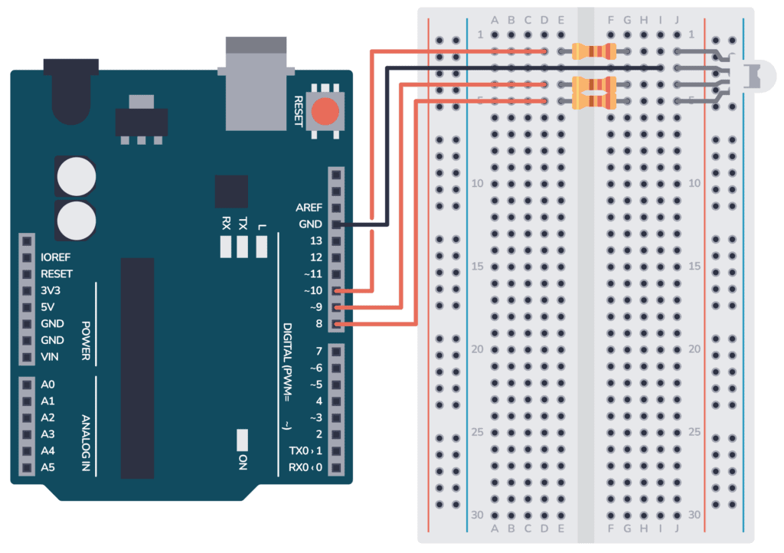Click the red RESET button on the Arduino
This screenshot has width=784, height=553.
pyautogui.click(x=325, y=112)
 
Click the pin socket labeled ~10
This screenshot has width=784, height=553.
pyautogui.click(x=335, y=291)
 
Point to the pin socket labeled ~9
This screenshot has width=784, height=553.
pyautogui.click(x=335, y=307)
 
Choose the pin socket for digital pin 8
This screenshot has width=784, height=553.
pyautogui.click(x=335, y=324)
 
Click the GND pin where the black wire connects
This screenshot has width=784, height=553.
pyautogui.click(x=335, y=224)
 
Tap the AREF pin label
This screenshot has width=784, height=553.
pyautogui.click(x=309, y=208)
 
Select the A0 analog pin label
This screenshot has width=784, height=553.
pyautogui.click(x=47, y=384)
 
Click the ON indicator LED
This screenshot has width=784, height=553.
pyautogui.click(x=243, y=440)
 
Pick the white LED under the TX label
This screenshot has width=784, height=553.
pyautogui.click(x=243, y=247)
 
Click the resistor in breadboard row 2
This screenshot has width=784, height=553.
pyautogui.click(x=594, y=51)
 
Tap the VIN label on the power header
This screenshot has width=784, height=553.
pyautogui.click(x=51, y=357)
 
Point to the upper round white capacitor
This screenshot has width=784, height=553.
pyautogui.click(x=76, y=176)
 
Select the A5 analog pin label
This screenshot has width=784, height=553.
pyautogui.click(x=47, y=466)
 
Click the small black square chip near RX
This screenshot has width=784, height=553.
pyautogui.click(x=231, y=191)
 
